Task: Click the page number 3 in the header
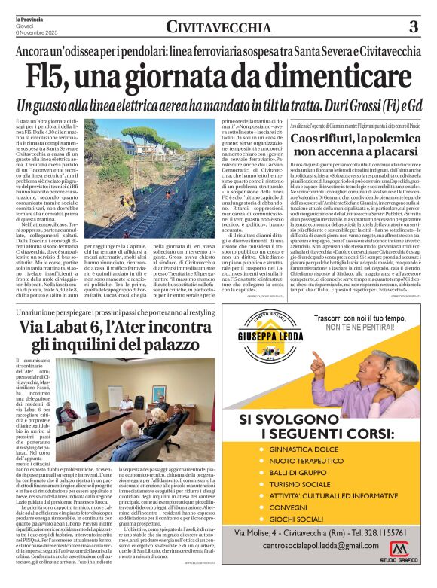412,27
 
